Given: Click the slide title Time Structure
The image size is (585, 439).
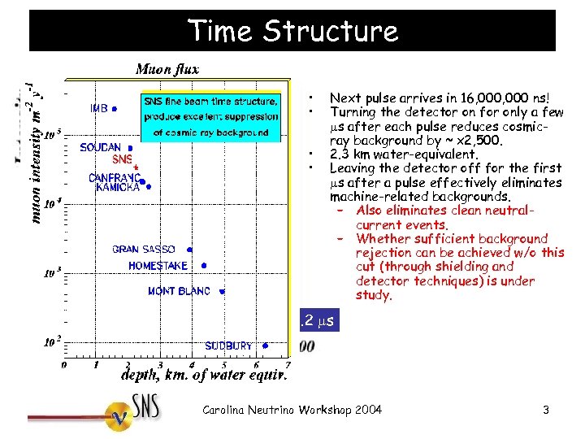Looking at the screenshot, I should point(292,31).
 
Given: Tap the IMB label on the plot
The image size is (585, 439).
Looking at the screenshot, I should point(99,107).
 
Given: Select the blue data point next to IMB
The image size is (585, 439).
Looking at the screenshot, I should point(115,107).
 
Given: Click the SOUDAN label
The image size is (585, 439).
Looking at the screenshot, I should point(101,148).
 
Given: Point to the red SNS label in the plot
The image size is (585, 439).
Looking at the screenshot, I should point(122,159).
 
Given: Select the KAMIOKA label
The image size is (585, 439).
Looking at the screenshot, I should point(118,188).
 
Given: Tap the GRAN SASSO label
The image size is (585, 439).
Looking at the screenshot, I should point(143,250).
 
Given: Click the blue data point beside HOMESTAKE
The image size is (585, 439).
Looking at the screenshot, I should point(205,265).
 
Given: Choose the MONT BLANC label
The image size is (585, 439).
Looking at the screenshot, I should point(179,291).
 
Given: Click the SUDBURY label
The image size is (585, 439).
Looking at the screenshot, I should point(228,346).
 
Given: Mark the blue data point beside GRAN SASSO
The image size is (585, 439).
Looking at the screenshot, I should point(190,250).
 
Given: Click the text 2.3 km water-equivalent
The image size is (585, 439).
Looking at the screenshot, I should point(404,154).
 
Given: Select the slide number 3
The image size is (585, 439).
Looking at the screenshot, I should point(546,411).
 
